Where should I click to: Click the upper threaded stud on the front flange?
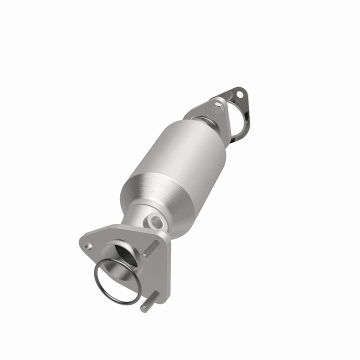click(152, 249)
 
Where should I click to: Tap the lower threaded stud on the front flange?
click(150, 302)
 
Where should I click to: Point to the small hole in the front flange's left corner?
click(88, 245)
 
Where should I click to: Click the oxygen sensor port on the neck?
click(154, 221)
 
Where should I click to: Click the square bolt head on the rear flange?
click(218, 103)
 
